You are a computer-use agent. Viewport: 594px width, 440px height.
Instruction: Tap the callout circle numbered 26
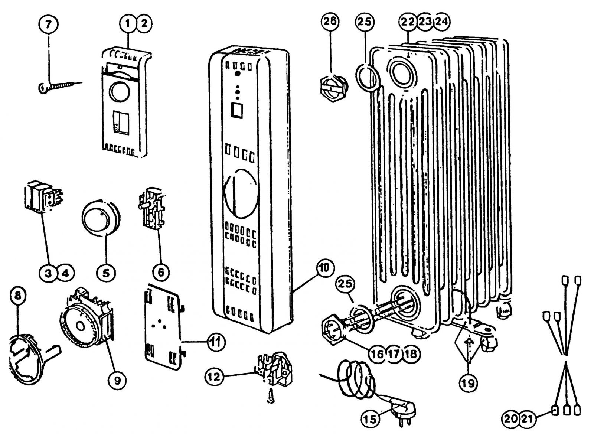pyautogui.click(x=330, y=22)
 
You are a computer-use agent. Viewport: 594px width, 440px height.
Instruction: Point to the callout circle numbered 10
pyautogui.click(x=325, y=267)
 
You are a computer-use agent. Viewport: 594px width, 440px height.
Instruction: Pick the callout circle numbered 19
pyautogui.click(x=469, y=383)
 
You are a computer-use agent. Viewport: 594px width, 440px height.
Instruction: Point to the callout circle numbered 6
pyautogui.click(x=161, y=272)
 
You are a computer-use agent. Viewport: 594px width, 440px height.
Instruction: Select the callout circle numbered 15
pyautogui.click(x=371, y=420)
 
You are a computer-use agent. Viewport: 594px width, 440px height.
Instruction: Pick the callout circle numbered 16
pyautogui.click(x=376, y=353)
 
